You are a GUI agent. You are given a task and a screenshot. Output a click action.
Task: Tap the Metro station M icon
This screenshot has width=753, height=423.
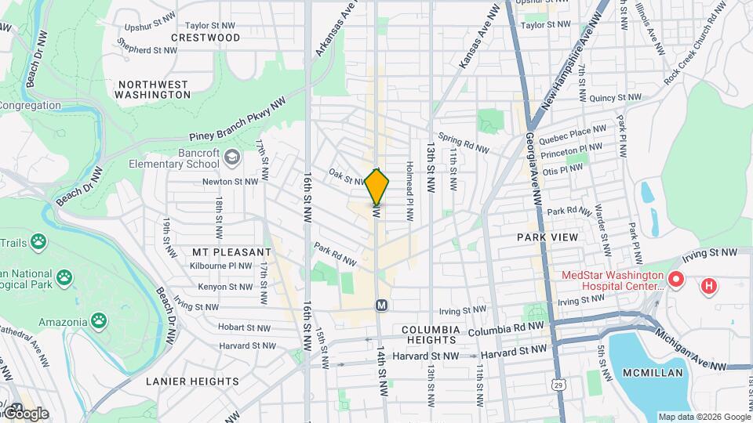click(x=382, y=304)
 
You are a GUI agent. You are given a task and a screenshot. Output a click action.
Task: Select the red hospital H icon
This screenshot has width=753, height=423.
click(x=709, y=286)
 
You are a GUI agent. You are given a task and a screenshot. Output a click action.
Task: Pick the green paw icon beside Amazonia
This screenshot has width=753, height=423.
click(x=98, y=320)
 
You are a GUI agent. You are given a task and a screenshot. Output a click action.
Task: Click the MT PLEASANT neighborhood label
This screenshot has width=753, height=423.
click(x=231, y=252)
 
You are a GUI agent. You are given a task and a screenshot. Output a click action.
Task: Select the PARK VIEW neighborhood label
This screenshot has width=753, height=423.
click(x=547, y=237)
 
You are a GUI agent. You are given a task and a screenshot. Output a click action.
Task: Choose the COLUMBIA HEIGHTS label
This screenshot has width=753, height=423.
click(x=429, y=334)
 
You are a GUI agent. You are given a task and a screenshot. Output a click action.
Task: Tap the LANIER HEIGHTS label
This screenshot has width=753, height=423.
click(x=192, y=381)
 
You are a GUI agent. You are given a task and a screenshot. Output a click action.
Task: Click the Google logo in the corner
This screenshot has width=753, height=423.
click(x=25, y=414)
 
